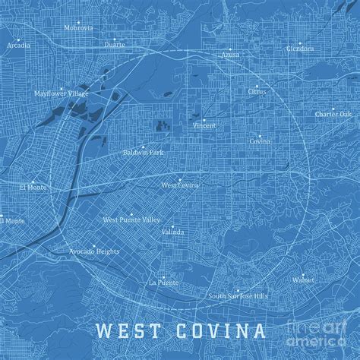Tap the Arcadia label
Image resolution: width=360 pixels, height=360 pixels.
pos(19,45)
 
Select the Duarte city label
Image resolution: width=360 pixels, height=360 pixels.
pos(115,44)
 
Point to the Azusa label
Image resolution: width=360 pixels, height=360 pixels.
pos(229,54)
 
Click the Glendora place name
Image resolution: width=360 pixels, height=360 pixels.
pos(300,48)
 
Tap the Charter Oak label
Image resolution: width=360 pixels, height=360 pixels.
pos(334,114)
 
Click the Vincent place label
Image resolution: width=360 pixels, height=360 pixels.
pos(204,125)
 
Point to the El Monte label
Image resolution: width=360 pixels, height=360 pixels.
pos(33,185)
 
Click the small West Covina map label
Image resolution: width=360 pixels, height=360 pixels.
pos(180,185)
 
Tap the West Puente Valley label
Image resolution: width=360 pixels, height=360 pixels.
pos(132,219)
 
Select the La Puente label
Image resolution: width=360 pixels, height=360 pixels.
pos(163,282)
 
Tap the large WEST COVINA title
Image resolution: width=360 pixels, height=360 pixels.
pos(181,331)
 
